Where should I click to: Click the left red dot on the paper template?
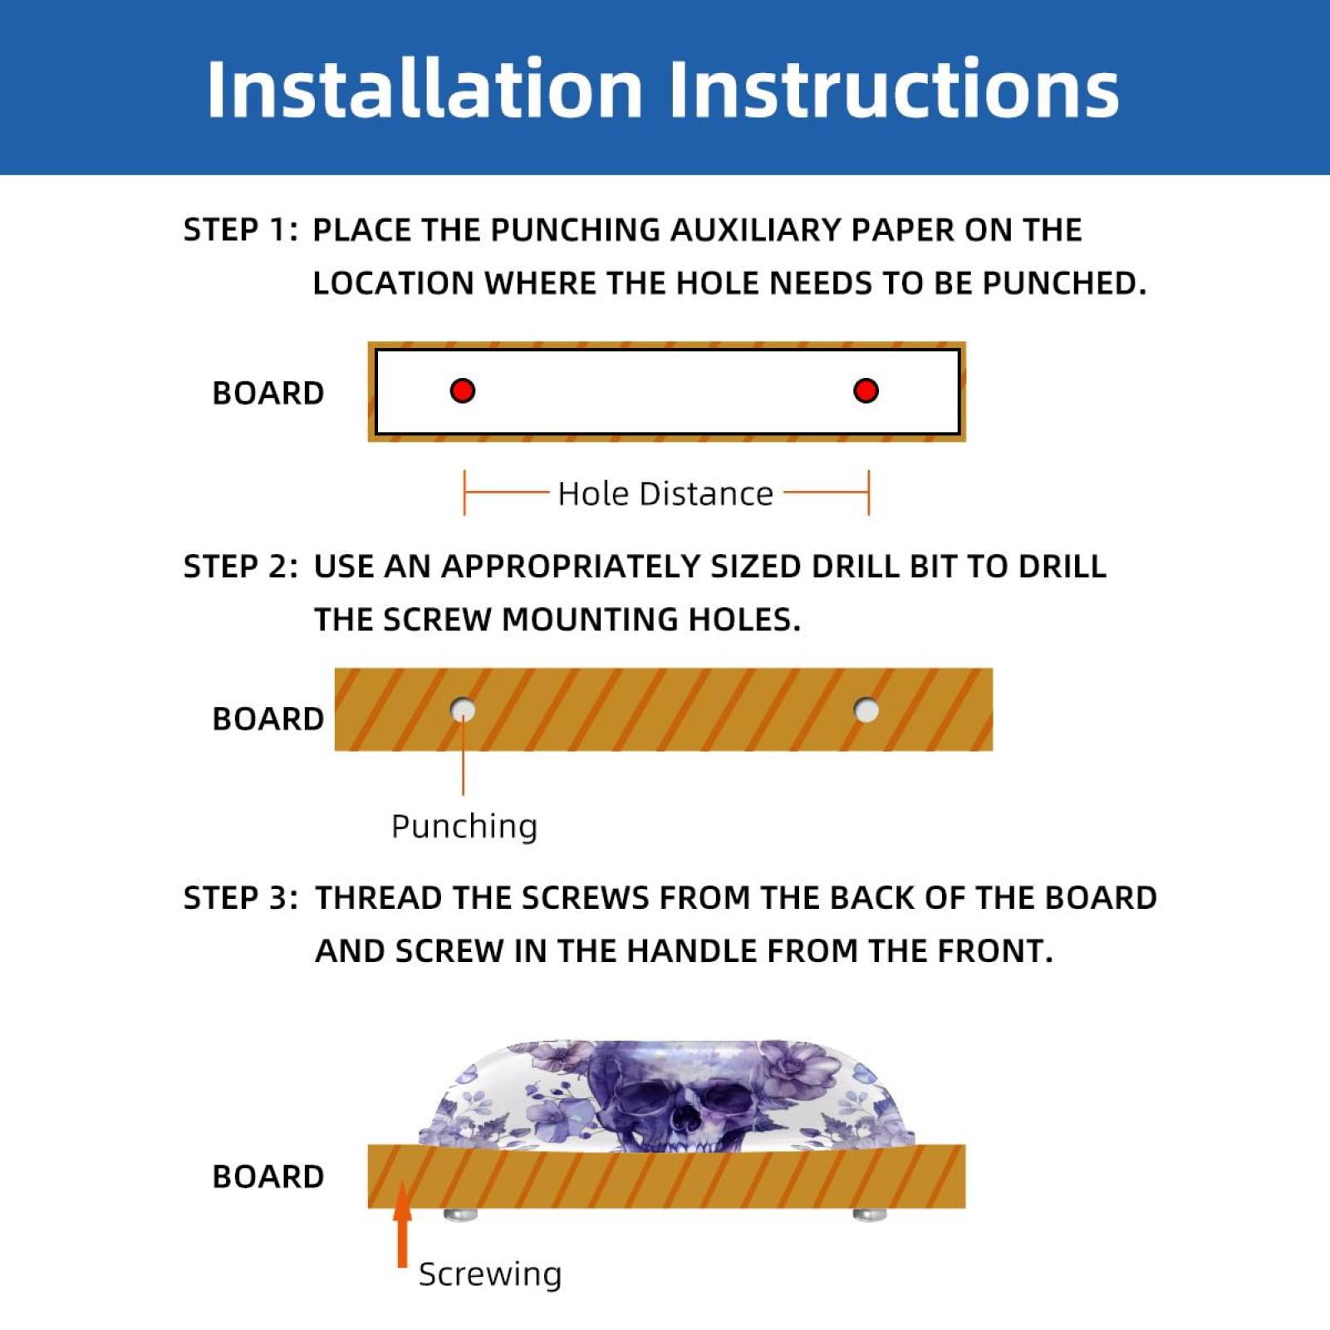coord(463,390)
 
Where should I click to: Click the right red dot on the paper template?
coord(866,390)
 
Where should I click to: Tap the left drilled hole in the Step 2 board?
coord(463,710)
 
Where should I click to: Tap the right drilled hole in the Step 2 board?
coord(866,710)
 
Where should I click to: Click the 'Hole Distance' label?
coord(665,493)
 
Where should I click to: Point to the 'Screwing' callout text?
coord(490,1274)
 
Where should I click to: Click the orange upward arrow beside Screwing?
coord(403,1225)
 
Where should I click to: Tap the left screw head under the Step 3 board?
coord(461,1215)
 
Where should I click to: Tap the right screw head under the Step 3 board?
coord(870,1215)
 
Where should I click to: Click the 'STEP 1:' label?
coord(240,230)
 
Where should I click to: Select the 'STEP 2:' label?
coord(240,567)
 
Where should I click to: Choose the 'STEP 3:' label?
coord(240,898)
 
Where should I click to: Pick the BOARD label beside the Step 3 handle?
coord(268,1177)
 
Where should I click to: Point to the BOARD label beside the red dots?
coord(268,393)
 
